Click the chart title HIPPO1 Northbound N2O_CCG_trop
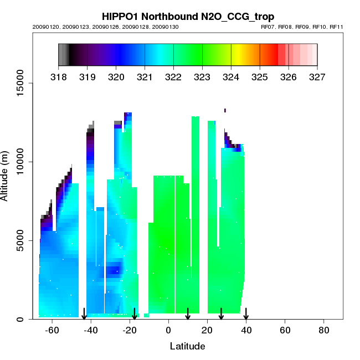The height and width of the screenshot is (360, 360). coord(188,17)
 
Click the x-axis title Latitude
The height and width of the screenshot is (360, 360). coord(187,346)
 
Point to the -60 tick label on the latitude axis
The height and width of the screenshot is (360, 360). coord(52,330)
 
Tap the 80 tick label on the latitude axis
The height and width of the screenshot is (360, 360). coord(324,330)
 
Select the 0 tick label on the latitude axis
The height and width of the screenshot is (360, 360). coord(168,330)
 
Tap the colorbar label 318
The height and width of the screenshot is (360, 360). coord(58,77)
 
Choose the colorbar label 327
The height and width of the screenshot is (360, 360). coord(317,77)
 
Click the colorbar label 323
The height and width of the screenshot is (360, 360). coord(202,77)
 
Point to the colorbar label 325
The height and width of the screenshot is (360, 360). coord(260,77)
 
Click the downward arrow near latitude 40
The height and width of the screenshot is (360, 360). coord(246,313)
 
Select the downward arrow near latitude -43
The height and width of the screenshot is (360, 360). coord(84,313)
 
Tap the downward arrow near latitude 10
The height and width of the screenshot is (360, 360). coord(188,313)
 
